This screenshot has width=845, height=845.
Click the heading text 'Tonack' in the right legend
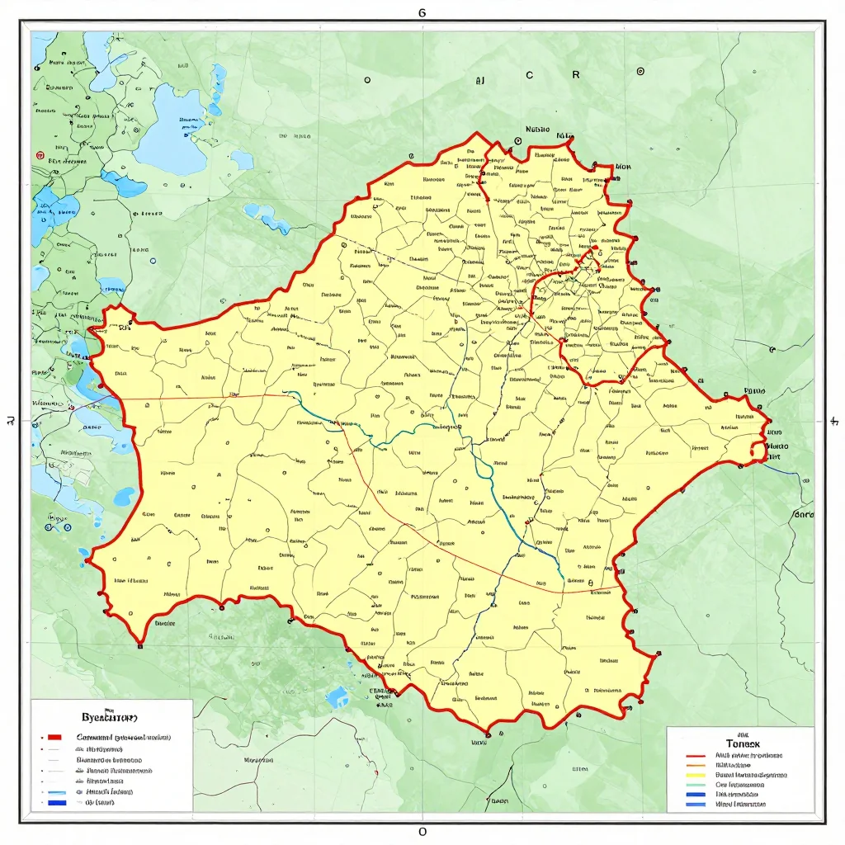[x=731, y=743]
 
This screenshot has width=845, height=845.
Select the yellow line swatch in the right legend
[x=696, y=775]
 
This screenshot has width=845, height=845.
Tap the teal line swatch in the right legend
[x=696, y=785]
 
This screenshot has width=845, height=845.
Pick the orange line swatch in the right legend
[x=696, y=765]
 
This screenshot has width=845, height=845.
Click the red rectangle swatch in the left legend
[x=55, y=736]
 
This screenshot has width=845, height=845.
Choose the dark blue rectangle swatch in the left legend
[x=56, y=801]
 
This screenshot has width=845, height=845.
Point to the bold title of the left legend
[x=109, y=717]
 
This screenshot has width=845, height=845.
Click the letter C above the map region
[x=529, y=74]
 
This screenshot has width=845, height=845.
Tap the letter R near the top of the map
[x=576, y=73]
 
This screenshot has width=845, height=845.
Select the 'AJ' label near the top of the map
[x=479, y=82]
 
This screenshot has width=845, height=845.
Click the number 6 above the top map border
[x=422, y=13]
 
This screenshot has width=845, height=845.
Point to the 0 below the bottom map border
[x=422, y=831]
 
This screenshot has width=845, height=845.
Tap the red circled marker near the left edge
[x=39, y=154]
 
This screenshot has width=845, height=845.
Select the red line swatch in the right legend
[x=696, y=755]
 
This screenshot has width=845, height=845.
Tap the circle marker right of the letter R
[x=640, y=72]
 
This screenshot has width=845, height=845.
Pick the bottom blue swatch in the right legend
[x=696, y=804]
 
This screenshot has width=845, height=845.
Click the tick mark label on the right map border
[x=833, y=422]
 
